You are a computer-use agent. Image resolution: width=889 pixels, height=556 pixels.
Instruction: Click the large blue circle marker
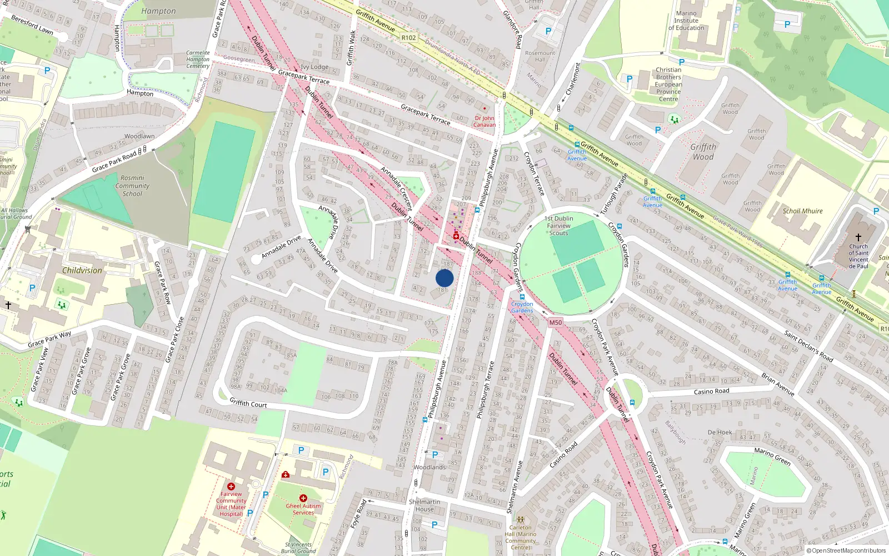pyautogui.click(x=444, y=278)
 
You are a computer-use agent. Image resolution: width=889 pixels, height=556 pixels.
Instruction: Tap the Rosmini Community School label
pyautogui.click(x=132, y=186)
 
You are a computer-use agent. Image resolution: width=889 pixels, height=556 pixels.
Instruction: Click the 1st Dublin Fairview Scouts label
pyautogui.click(x=558, y=226)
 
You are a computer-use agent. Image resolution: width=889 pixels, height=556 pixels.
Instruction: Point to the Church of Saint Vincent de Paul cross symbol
pyautogui.click(x=858, y=237)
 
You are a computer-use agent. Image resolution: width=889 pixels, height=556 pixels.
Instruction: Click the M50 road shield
pyautogui.click(x=555, y=322)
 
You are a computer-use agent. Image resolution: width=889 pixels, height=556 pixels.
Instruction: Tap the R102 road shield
pyautogui.click(x=408, y=38)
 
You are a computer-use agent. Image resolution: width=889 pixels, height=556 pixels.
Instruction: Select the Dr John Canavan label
pyautogui.click(x=485, y=121)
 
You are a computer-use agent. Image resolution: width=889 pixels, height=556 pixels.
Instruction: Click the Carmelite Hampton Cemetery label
pyautogui.click(x=198, y=59)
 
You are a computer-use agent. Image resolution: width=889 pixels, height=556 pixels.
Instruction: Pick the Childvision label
pyautogui.click(x=82, y=271)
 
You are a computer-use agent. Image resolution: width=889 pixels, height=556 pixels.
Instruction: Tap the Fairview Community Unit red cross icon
pyautogui.click(x=231, y=487)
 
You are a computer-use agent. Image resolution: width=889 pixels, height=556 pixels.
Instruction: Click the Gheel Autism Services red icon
pyautogui.click(x=303, y=498)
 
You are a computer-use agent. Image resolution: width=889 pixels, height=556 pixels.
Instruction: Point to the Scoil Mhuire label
pyautogui.click(x=802, y=211)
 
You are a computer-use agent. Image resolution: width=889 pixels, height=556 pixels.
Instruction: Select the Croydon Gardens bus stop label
pyautogui.click(x=522, y=307)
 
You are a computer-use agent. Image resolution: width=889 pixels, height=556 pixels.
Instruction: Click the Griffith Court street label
pyautogui.click(x=248, y=403)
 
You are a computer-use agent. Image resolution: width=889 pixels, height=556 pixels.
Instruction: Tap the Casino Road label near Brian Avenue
pyautogui.click(x=711, y=391)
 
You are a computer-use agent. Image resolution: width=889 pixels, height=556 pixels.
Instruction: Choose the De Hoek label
pyautogui.click(x=720, y=433)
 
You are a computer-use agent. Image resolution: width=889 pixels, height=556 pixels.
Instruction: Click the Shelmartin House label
pyautogui.click(x=424, y=505)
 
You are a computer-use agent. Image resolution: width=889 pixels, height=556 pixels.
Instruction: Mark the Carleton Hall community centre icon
pyautogui.click(x=520, y=520)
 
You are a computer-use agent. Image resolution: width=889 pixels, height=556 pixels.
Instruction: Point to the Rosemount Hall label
pyautogui.click(x=540, y=56)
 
